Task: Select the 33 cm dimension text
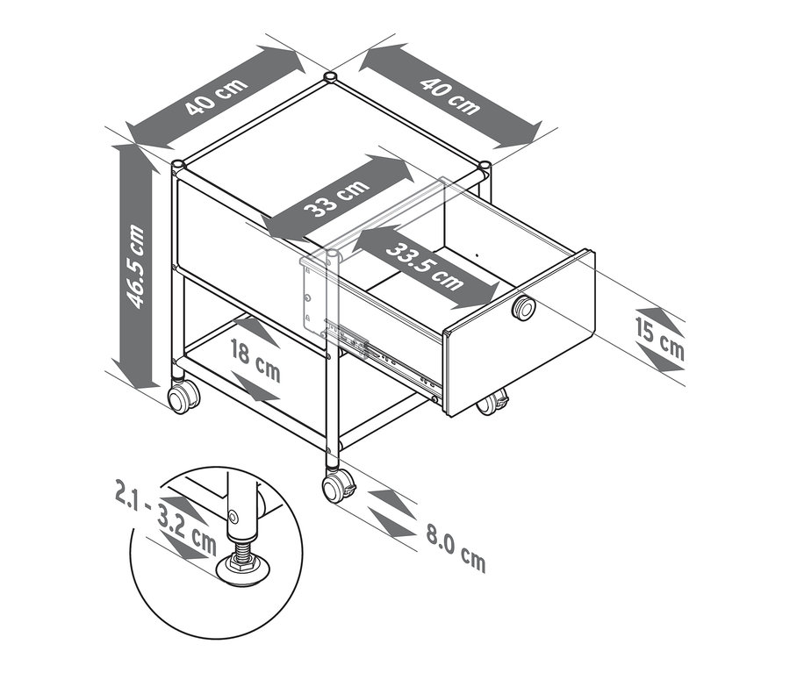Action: [336, 200]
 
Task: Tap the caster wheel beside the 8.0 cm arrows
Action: [336, 485]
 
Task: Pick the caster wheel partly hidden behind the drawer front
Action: [492, 404]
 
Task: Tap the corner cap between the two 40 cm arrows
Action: [329, 79]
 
